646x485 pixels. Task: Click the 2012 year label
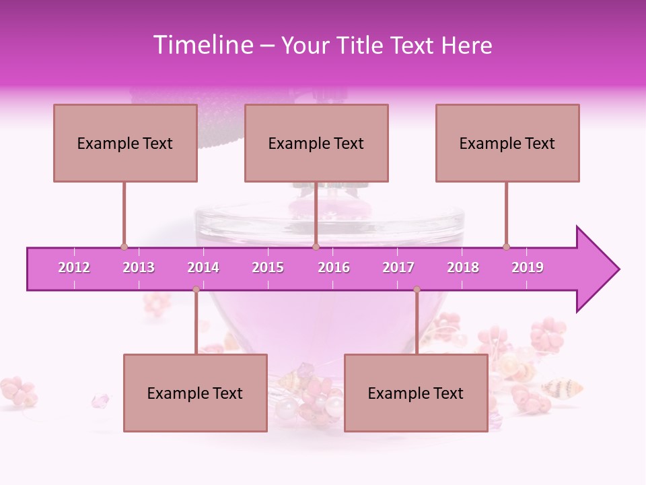[74, 267]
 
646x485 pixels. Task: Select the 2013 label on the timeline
[139, 267]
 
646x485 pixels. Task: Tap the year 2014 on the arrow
[203, 267]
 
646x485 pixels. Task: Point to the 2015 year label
[268, 267]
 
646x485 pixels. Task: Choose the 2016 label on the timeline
[334, 267]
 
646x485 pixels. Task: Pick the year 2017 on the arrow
[398, 267]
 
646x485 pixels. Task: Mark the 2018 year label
[463, 267]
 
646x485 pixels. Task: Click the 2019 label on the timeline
[528, 267]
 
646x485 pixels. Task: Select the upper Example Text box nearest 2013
[125, 143]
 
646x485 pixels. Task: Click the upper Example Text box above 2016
[316, 143]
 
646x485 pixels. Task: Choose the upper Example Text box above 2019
[507, 143]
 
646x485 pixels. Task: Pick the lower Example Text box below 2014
[195, 393]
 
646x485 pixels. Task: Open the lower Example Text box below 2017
[416, 393]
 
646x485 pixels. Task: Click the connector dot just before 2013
[124, 247]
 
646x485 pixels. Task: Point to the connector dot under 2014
[196, 289]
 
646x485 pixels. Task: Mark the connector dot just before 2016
[316, 247]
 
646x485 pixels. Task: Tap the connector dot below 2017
[417, 289]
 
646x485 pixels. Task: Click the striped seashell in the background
[563, 387]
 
